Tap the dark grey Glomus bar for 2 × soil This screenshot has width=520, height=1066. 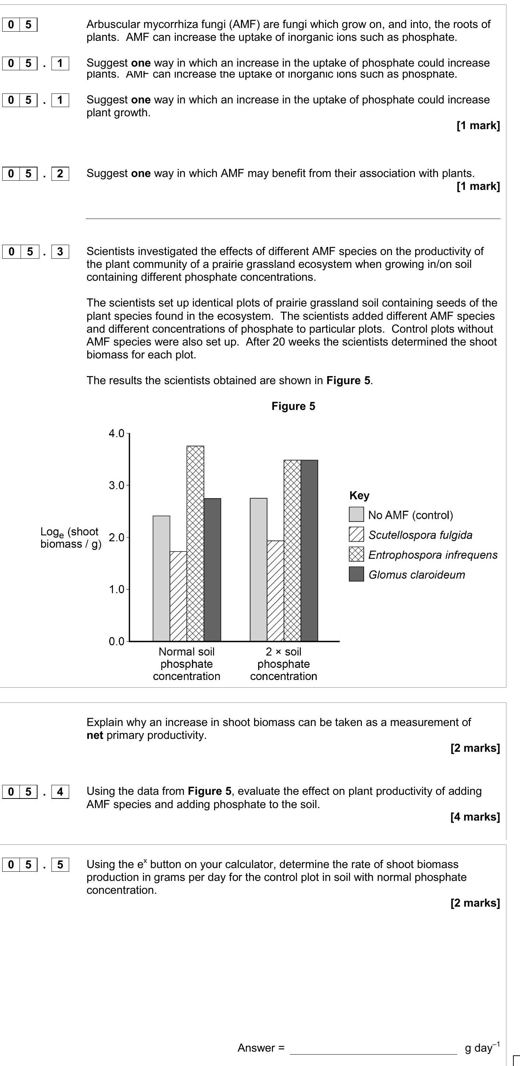(x=309, y=550)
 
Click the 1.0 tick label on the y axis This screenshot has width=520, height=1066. (x=116, y=589)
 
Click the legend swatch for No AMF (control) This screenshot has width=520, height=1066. (x=356, y=514)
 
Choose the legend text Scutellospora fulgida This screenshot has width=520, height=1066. (x=420, y=535)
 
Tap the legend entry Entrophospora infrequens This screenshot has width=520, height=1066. (x=433, y=555)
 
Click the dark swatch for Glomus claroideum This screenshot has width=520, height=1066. (x=356, y=574)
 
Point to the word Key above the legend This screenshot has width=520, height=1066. (x=359, y=495)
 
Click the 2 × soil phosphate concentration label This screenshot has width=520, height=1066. (x=284, y=664)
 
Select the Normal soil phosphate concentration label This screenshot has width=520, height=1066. (x=186, y=664)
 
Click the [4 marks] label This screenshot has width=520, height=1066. (x=475, y=817)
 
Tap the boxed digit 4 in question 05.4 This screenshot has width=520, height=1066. (x=60, y=791)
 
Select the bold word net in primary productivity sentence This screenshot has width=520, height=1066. (x=95, y=735)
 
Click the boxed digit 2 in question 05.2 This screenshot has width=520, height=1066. (x=60, y=173)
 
